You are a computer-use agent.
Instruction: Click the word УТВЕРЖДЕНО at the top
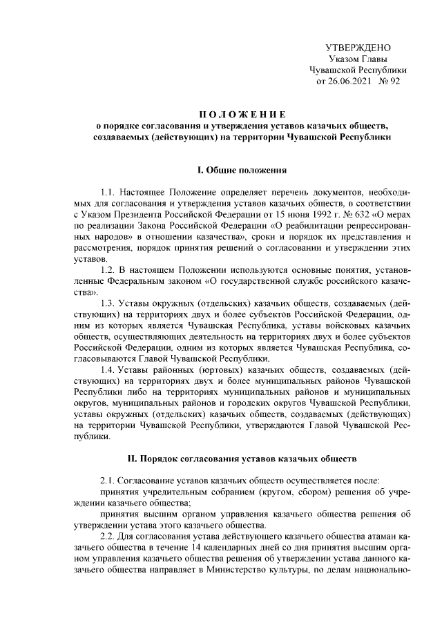[357, 48]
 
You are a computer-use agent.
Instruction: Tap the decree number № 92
[390, 81]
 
